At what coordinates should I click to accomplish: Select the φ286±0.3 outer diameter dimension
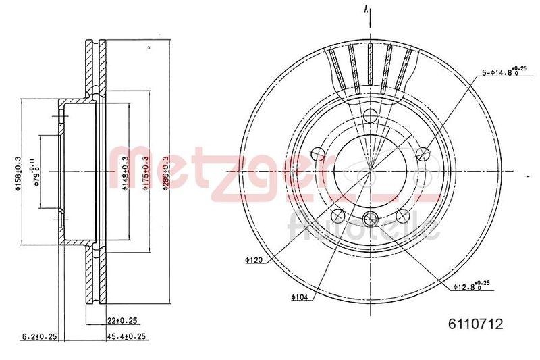click(x=165, y=174)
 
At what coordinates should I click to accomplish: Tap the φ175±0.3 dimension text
click(x=144, y=174)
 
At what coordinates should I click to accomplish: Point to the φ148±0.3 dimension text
click(x=125, y=174)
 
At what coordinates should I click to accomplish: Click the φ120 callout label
click(x=253, y=259)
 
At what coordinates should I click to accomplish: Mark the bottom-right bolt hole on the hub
click(x=403, y=215)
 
